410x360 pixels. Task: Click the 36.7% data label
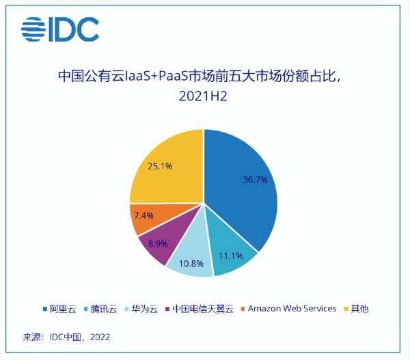[x=254, y=180]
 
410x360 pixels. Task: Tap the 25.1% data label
[x=158, y=165]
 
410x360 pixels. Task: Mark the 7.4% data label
[x=144, y=215]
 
